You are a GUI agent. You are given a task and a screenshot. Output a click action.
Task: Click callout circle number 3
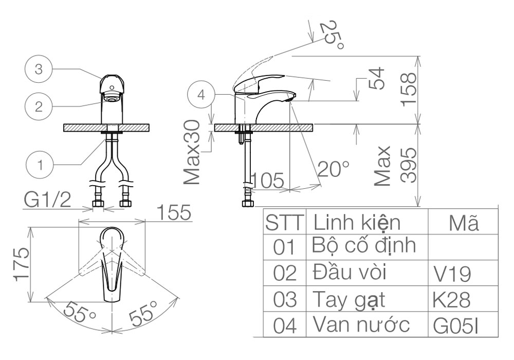(39, 69)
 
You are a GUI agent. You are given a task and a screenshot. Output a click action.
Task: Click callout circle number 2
(39, 106)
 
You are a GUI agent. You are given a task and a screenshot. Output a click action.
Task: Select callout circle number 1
(40, 165)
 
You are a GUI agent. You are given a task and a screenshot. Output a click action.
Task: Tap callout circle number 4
(201, 95)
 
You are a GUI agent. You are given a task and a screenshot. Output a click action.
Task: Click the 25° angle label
(332, 35)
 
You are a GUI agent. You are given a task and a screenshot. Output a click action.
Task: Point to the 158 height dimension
(409, 89)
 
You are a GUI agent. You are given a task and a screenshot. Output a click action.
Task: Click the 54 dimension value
(376, 78)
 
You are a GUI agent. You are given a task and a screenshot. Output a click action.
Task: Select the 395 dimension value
(409, 165)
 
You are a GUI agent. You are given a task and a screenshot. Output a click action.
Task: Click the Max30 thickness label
(192, 152)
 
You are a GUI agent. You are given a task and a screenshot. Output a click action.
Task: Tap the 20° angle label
(334, 169)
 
